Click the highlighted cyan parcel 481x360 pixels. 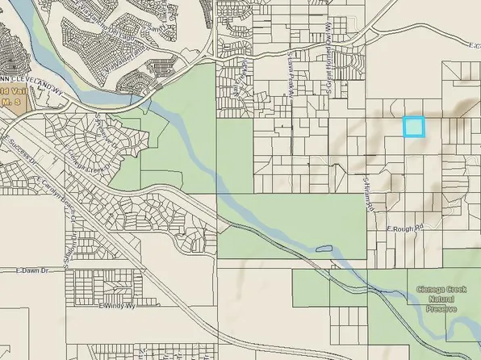(x=413, y=127)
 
